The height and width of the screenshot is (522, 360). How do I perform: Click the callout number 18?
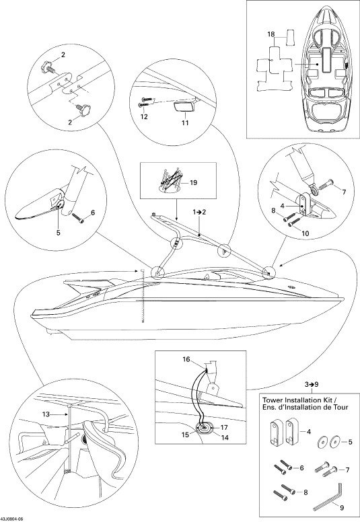(271, 34)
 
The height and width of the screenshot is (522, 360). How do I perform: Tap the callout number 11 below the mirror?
(185, 123)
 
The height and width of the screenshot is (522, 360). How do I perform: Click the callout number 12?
(144, 117)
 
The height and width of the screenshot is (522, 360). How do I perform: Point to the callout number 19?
(193, 183)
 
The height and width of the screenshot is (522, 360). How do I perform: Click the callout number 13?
(46, 414)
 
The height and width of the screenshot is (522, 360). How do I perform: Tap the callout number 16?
(186, 359)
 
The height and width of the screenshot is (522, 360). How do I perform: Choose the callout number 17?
(224, 427)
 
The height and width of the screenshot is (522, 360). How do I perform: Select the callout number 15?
(186, 435)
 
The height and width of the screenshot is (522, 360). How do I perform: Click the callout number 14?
(225, 437)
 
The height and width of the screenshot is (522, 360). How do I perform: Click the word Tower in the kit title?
(271, 400)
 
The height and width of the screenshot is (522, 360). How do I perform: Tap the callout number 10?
(305, 233)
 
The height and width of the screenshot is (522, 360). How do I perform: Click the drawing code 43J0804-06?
(12, 519)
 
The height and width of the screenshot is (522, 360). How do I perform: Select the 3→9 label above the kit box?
(312, 384)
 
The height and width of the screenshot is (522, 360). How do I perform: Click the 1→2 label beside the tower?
(200, 212)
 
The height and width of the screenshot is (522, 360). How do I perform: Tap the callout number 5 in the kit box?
(350, 442)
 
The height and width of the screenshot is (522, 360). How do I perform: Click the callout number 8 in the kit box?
(305, 492)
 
